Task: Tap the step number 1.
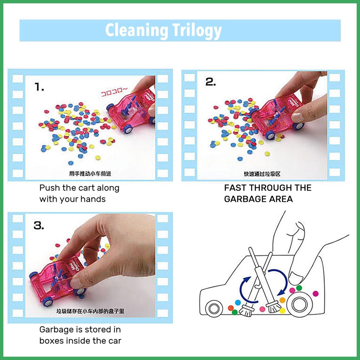(39, 88)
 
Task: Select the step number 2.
(211, 82)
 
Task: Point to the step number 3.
(39, 226)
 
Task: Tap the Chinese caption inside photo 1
(92, 174)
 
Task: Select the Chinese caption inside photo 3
(90, 311)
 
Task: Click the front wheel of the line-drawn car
(214, 308)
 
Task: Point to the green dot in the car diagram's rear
(299, 288)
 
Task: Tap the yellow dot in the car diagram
(282, 310)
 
